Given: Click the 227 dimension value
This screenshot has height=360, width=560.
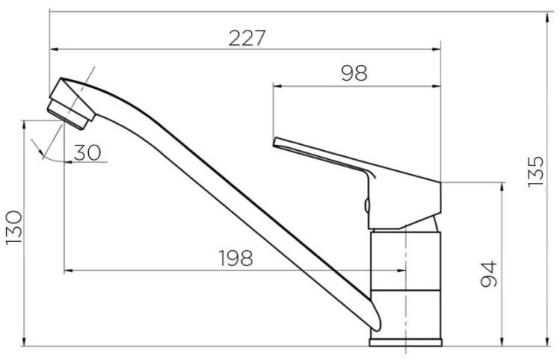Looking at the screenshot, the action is [x=247, y=38].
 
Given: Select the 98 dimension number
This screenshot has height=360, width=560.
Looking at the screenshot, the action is [x=354, y=73].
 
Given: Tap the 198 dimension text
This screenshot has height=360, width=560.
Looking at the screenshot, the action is [x=236, y=258].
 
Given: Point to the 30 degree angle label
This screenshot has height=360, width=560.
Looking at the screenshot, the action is [x=87, y=152].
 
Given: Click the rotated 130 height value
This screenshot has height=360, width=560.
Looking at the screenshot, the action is [x=14, y=228].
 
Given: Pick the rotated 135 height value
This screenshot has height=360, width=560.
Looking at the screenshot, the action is [x=535, y=172].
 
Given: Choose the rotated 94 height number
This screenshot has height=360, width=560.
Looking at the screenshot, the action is [x=488, y=274].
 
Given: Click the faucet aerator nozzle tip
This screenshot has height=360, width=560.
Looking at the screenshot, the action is [x=66, y=114].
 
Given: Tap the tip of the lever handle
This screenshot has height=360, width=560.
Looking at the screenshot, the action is [x=275, y=142].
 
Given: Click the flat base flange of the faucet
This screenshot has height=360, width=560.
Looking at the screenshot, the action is [x=405, y=343].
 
